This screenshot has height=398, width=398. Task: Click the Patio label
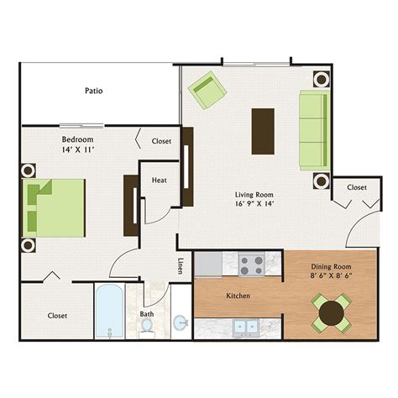[94, 90]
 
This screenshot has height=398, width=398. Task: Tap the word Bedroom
[77, 139]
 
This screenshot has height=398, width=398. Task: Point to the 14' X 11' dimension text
[77, 149]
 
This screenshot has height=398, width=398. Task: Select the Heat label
[159, 181]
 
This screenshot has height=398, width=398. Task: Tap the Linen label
[181, 265]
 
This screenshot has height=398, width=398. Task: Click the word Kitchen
[238, 296]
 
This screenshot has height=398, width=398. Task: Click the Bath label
[147, 315]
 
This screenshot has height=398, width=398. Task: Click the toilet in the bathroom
[148, 329]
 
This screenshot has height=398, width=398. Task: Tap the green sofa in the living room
[313, 130]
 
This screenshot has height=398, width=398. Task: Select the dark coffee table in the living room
[262, 131]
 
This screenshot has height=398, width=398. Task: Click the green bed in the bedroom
[55, 207]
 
